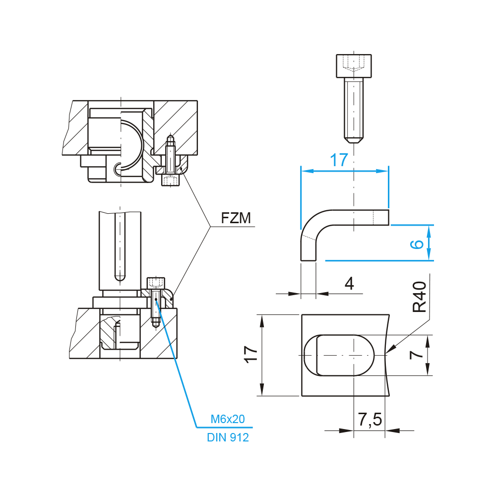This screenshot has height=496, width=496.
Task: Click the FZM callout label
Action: coord(237,218)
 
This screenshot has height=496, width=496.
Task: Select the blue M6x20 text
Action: coord(228,420)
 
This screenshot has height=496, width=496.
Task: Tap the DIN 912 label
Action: coord(228,437)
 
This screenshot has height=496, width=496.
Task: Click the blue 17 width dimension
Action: coord(339,160)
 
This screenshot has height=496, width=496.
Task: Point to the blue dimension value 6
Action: coord(418,243)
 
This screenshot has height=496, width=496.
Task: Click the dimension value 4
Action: coord(349,284)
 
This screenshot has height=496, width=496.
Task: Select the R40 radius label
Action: coord(420,297)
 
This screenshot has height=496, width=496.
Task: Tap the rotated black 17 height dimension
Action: coord(251,355)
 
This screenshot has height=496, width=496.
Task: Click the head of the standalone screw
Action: coord(354,65)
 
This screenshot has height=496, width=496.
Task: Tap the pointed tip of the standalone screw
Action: coord(354,139)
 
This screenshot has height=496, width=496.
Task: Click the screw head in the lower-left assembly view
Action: coord(156,283)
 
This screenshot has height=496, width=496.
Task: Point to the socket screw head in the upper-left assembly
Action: coord(171,180)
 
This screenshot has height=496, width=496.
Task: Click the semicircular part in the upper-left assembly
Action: coord(131,144)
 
